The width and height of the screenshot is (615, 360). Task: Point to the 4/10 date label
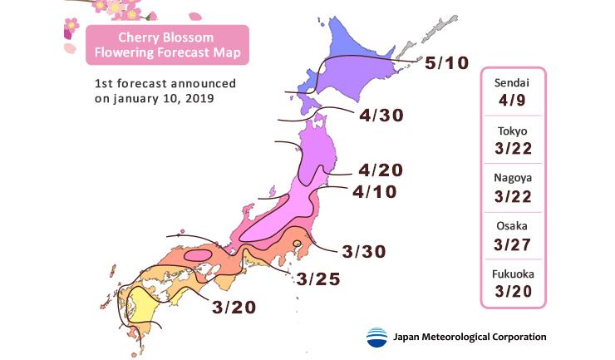click(x=375, y=192)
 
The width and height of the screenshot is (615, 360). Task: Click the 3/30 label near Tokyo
click(x=364, y=251)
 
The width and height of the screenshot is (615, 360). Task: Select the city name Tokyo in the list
click(x=512, y=131)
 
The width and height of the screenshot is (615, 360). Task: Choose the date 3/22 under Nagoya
click(x=512, y=197)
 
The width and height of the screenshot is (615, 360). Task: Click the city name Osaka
click(x=512, y=225)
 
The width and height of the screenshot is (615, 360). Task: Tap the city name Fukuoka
click(x=512, y=273)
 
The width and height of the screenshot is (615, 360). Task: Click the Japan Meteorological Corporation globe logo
click(x=376, y=338)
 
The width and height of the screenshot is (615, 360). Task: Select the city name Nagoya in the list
click(x=512, y=179)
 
